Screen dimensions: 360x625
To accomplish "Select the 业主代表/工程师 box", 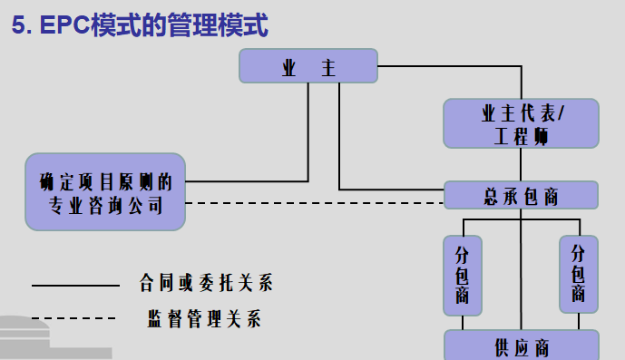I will tap(521, 123).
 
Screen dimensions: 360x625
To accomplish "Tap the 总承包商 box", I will tap(521, 195).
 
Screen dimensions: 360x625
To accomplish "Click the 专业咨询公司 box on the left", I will tap(105, 190).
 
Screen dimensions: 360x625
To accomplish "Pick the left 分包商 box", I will tap(463, 276).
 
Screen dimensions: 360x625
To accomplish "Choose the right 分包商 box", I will tap(579, 276).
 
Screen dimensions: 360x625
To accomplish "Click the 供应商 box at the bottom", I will tap(521, 346).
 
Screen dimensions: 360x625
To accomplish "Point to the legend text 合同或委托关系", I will tap(205, 283).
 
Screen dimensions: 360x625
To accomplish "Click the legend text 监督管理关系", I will tap(205, 318).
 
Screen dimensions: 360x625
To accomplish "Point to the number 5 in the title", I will tap(19, 25).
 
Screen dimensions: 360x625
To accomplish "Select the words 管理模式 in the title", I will tap(227, 25).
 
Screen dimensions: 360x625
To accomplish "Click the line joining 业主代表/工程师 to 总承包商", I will tap(521, 164).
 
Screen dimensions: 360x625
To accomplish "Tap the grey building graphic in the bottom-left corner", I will tap(45, 337).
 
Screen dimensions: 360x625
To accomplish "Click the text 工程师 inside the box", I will tap(521, 136).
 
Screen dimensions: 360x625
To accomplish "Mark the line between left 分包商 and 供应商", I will tap(463, 321).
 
